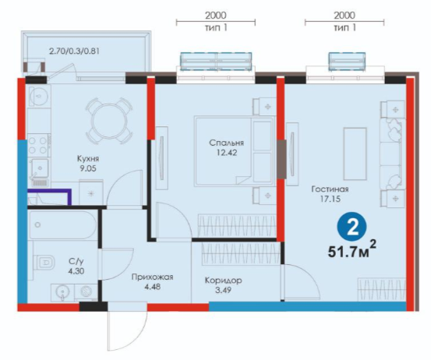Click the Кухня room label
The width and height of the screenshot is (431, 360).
click(88, 158)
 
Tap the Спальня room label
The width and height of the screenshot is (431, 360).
click(226, 143)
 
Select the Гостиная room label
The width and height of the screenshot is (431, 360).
click(330, 189)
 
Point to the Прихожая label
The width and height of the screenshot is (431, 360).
click(152, 277)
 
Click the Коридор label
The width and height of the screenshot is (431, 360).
click(223, 281)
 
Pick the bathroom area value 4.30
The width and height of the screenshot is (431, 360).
click(76, 271)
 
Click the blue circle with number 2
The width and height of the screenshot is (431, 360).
click(352, 228)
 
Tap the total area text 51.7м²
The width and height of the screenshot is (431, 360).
click(352, 249)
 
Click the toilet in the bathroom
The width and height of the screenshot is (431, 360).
click(44, 262)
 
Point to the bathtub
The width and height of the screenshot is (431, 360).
click(62, 224)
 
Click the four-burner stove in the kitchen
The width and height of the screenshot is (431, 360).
click(38, 146)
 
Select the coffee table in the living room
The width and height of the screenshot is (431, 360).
click(355, 154)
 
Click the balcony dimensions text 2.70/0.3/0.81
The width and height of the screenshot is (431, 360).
click(74, 51)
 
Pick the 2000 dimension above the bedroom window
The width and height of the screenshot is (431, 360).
click(216, 16)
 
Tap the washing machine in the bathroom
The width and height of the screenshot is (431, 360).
click(86, 292)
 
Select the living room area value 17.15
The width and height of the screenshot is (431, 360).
click(330, 199)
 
